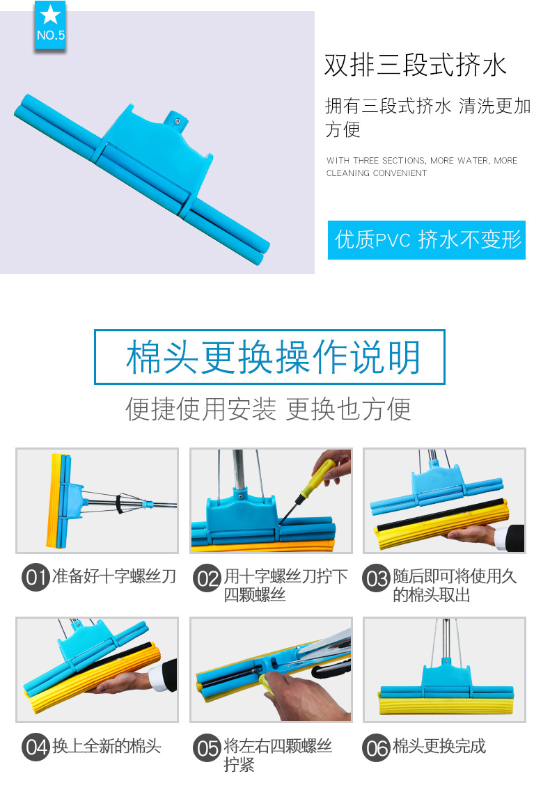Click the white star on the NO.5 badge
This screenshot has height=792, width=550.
pyautogui.click(x=51, y=15)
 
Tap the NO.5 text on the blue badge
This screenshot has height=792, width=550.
pyautogui.click(x=51, y=35)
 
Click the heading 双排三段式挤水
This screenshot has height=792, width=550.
pyautogui.click(x=415, y=65)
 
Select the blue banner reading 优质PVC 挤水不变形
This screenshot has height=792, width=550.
pyautogui.click(x=427, y=240)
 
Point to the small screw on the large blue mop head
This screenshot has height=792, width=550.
pyautogui.click(x=178, y=120)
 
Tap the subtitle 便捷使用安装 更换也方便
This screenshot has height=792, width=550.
pyautogui.click(x=268, y=409)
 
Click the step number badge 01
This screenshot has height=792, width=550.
pyautogui.click(x=36, y=577)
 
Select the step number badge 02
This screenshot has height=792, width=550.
pyautogui.click(x=207, y=578)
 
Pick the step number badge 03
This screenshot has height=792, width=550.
pyautogui.click(x=376, y=578)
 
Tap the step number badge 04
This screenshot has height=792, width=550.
pyautogui.click(x=36, y=747)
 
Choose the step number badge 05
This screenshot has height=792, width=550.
pyautogui.click(x=207, y=748)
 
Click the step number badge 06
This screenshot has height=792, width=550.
pyautogui.click(x=376, y=748)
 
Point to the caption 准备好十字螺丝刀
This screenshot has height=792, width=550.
pyautogui.click(x=114, y=576)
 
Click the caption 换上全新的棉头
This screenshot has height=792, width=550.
pyautogui.click(x=107, y=746)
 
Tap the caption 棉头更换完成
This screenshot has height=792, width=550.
pyautogui.click(x=439, y=746)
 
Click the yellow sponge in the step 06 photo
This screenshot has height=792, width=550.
pyautogui.click(x=446, y=703)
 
